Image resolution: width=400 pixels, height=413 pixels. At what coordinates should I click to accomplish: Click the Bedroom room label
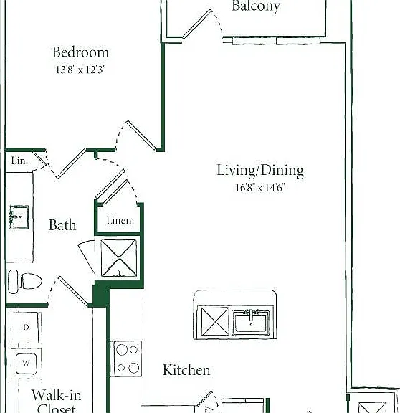[x=80, y=52]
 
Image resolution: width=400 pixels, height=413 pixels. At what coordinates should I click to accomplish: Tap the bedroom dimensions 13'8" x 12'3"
[x=80, y=70]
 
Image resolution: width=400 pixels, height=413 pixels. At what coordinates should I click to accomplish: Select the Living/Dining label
[x=260, y=170]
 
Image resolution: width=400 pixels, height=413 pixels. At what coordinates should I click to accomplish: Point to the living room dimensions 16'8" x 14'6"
[x=260, y=188]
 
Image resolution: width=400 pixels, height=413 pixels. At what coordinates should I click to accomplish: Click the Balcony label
[x=256, y=6]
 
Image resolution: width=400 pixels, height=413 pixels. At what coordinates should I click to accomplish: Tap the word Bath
[x=62, y=225]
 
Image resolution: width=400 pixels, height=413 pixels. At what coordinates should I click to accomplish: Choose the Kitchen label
[x=186, y=370]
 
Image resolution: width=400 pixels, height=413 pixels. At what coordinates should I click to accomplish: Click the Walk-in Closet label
[x=57, y=401]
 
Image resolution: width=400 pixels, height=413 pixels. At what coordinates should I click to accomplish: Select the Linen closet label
[x=119, y=220]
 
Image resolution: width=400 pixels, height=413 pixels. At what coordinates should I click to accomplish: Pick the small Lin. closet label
[x=19, y=161]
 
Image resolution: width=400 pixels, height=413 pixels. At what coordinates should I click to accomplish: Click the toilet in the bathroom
[x=25, y=281]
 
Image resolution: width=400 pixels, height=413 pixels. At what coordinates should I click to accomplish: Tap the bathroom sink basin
[x=19, y=217]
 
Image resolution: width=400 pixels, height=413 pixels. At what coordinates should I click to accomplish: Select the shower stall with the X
[x=119, y=257]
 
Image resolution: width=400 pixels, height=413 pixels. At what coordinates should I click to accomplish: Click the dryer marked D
[x=27, y=328]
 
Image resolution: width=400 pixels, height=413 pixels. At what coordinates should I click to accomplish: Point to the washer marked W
[x=27, y=364]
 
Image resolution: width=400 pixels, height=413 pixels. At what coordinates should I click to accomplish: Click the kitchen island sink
[x=251, y=323]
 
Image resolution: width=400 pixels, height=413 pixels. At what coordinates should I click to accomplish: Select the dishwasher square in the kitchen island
[x=215, y=321]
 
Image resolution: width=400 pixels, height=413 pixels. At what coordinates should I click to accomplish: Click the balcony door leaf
[x=197, y=24]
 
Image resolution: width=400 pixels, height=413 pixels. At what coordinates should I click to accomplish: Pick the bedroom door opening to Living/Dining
[x=141, y=136]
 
